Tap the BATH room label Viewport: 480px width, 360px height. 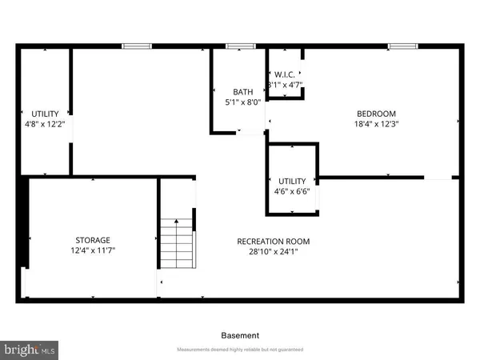(243, 92)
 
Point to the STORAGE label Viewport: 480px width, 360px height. (93, 240)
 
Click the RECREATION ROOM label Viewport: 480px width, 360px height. (273, 242)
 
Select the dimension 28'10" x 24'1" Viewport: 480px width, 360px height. (273, 252)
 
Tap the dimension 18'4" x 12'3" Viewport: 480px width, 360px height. (375, 124)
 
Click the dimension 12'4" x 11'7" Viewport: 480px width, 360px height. (93, 250)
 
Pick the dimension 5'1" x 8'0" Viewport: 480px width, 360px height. (243, 102)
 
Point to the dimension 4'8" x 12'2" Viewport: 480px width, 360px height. (44, 124)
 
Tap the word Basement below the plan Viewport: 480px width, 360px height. (240, 335)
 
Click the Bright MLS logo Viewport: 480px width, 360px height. (30, 349)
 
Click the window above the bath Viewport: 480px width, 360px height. (236, 46)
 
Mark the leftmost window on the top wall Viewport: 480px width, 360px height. (137, 46)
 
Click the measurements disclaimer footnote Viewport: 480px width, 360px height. (240, 350)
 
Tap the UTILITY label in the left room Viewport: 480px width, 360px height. (44, 114)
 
